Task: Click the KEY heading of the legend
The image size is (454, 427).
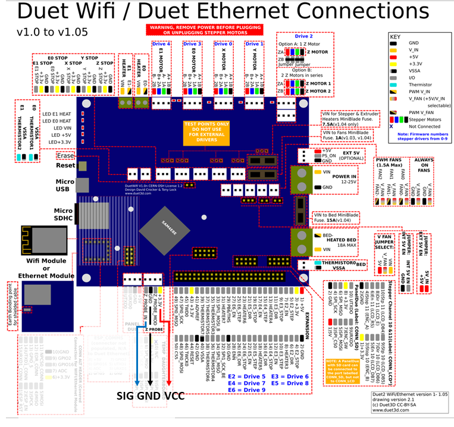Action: point(396,35)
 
